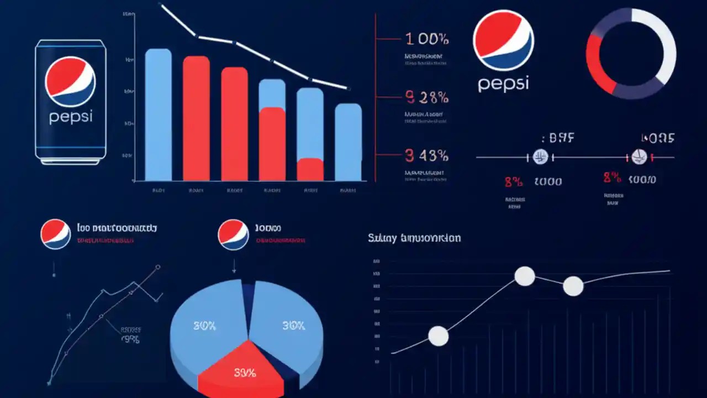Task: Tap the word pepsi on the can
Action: [x=70, y=117]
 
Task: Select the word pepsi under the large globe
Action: [x=503, y=83]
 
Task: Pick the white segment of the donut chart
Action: [x=663, y=39]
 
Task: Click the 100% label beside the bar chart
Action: [x=427, y=39]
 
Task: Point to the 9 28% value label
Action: [x=426, y=98]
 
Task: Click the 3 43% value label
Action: [x=426, y=156]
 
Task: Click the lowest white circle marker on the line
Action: [x=439, y=336]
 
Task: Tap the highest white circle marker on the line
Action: [x=525, y=276]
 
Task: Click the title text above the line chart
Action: [x=414, y=238]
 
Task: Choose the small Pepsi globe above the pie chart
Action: [x=233, y=234]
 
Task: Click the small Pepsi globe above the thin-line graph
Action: [x=55, y=234]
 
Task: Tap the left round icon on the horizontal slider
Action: [x=541, y=157]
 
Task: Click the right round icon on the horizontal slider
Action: [x=639, y=157]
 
